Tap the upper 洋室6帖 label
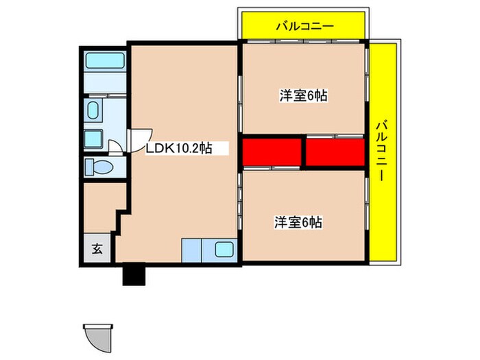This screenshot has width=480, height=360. coord(302,96)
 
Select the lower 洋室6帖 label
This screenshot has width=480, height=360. coord(298,222)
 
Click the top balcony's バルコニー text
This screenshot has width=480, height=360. coord(304,27)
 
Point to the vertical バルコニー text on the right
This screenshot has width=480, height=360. coord(382,149)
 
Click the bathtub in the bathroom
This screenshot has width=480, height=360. coord(104,60)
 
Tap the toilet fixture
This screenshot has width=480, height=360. coord(99,167)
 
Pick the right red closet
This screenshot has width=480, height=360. coord(334,152)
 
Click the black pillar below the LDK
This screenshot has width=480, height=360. coord(134,274)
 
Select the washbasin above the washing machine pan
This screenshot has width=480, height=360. coord(93,110)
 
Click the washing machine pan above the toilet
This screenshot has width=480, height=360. coord(94,139)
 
